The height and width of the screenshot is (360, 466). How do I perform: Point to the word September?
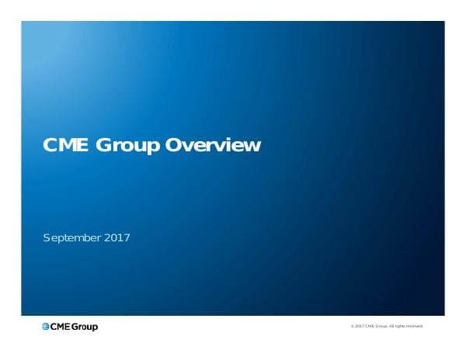click(x=71, y=237)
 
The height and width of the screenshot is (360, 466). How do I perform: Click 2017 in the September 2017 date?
click(x=116, y=237)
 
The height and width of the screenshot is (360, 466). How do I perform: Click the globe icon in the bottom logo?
click(x=47, y=327)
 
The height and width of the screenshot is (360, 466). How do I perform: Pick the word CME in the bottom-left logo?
click(x=62, y=327)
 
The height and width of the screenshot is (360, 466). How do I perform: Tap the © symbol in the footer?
click(x=353, y=327)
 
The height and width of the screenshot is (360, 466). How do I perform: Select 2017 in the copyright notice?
click(x=359, y=327)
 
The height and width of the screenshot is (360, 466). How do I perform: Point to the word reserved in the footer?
click(x=417, y=327)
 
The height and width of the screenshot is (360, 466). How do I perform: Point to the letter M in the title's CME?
click(x=65, y=145)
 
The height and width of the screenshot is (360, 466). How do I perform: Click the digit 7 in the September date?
click(x=126, y=237)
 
